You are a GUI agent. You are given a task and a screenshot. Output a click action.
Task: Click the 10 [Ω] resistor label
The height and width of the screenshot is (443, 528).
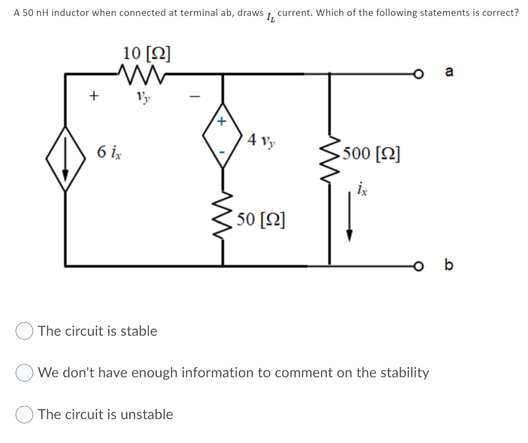pos(147,53)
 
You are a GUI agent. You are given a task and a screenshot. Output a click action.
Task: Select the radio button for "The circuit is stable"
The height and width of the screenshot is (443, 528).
pos(24,332)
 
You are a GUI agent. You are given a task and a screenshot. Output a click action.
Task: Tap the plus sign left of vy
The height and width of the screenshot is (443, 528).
pos(93,95)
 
